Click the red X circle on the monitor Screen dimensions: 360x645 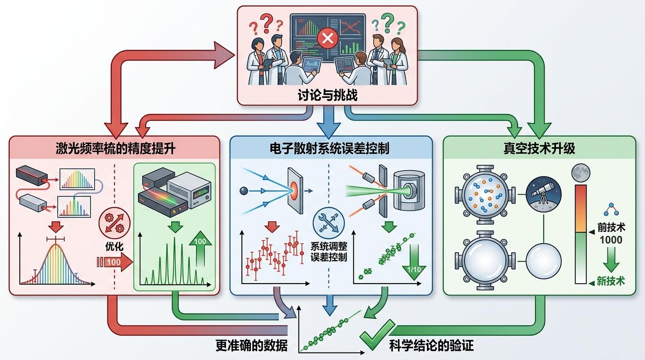pos(327,38)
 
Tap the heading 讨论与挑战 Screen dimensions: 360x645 pos(327,95)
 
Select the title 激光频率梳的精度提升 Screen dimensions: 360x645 pos(115,149)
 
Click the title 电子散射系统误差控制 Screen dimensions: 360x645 pos(330,149)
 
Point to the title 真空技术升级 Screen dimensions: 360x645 pos(539,149)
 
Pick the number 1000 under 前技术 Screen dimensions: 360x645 pos(611,240)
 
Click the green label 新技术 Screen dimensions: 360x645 pos(611,281)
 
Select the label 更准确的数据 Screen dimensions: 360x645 pos(251,346)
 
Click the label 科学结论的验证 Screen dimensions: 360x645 pos(431,346)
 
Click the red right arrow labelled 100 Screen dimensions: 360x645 pos(117,262)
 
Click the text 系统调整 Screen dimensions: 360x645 pos(329,246)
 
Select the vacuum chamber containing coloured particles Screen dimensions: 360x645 pos(485,193)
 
